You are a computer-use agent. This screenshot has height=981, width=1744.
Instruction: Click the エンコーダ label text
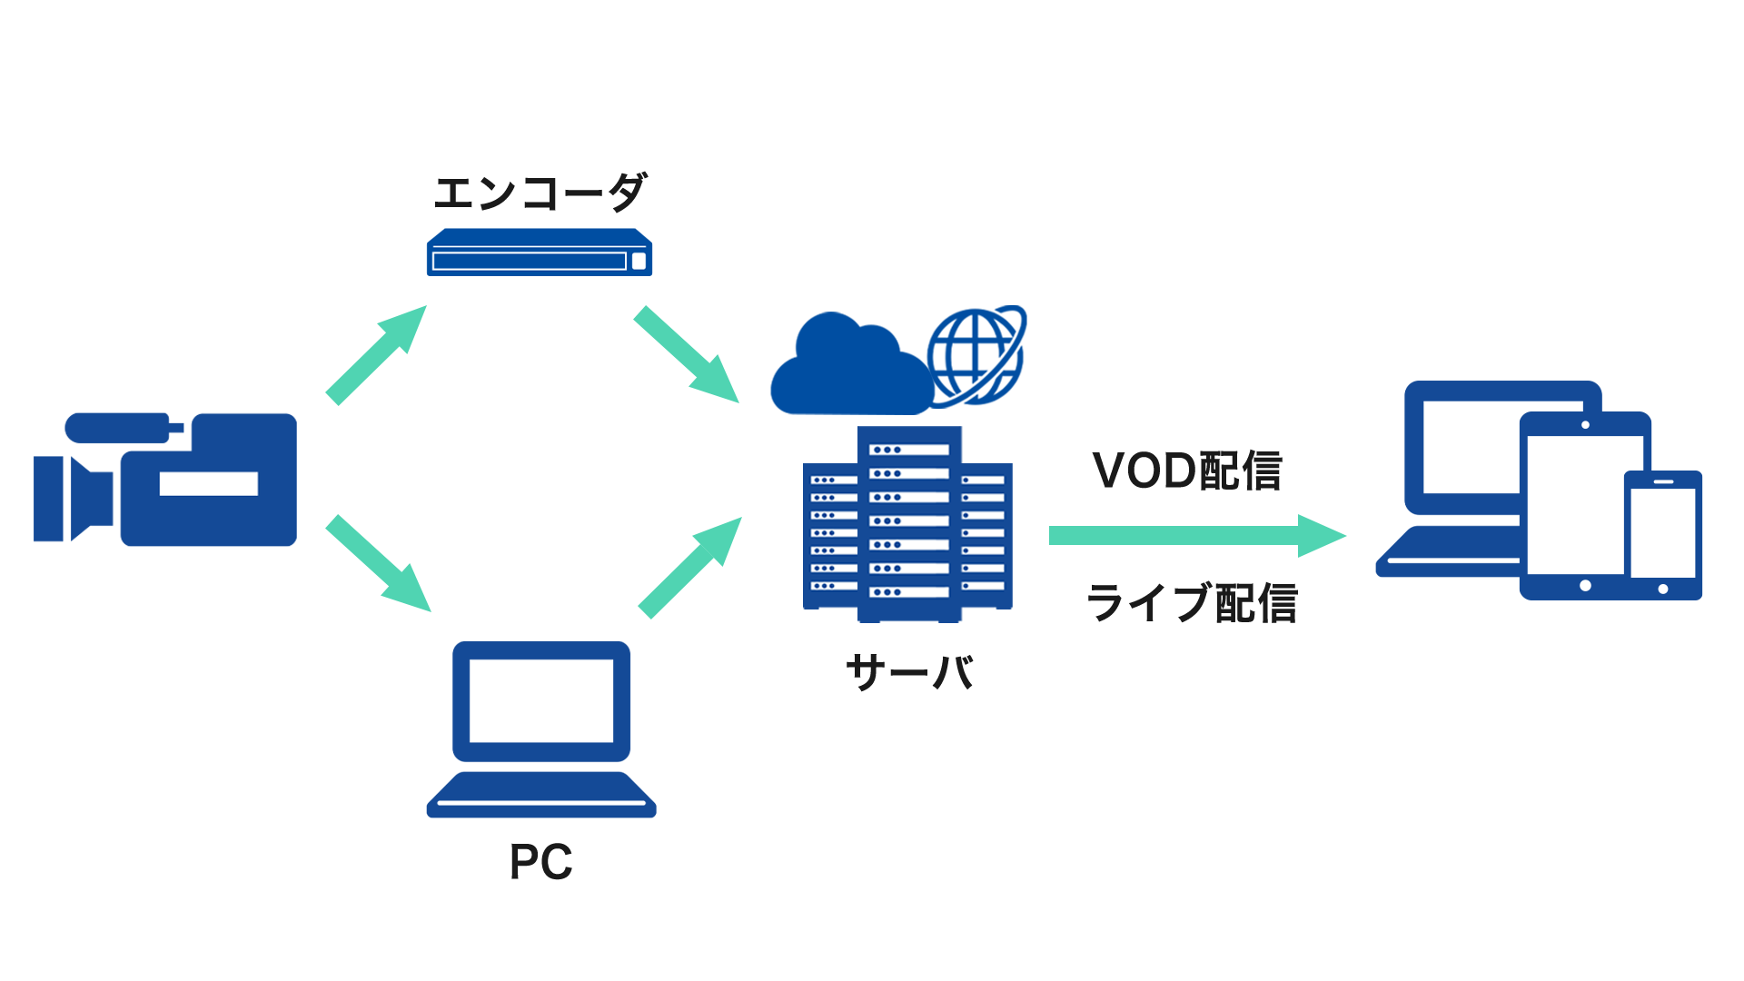pos(540,192)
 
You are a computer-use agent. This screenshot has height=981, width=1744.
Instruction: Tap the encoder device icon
pos(539,252)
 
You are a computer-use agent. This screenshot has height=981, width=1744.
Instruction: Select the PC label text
pos(540,861)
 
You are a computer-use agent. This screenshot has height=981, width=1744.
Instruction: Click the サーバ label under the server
pos(908,673)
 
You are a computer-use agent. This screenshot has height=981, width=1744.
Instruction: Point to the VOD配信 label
pos(1187,470)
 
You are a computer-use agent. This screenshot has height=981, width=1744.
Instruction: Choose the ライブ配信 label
pos(1193,601)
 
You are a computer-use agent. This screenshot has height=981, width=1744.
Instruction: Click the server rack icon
pos(908,524)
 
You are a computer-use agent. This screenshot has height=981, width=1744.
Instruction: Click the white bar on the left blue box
pos(209,483)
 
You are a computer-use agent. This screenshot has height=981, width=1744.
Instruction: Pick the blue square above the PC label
pos(541,729)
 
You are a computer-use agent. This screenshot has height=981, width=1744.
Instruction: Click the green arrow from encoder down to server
pos(687,354)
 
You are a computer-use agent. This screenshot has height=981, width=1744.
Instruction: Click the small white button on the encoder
pos(639,262)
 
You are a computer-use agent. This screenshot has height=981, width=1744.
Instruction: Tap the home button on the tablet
pos(1585,586)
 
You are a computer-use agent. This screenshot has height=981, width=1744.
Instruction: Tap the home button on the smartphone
pos(1663,589)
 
